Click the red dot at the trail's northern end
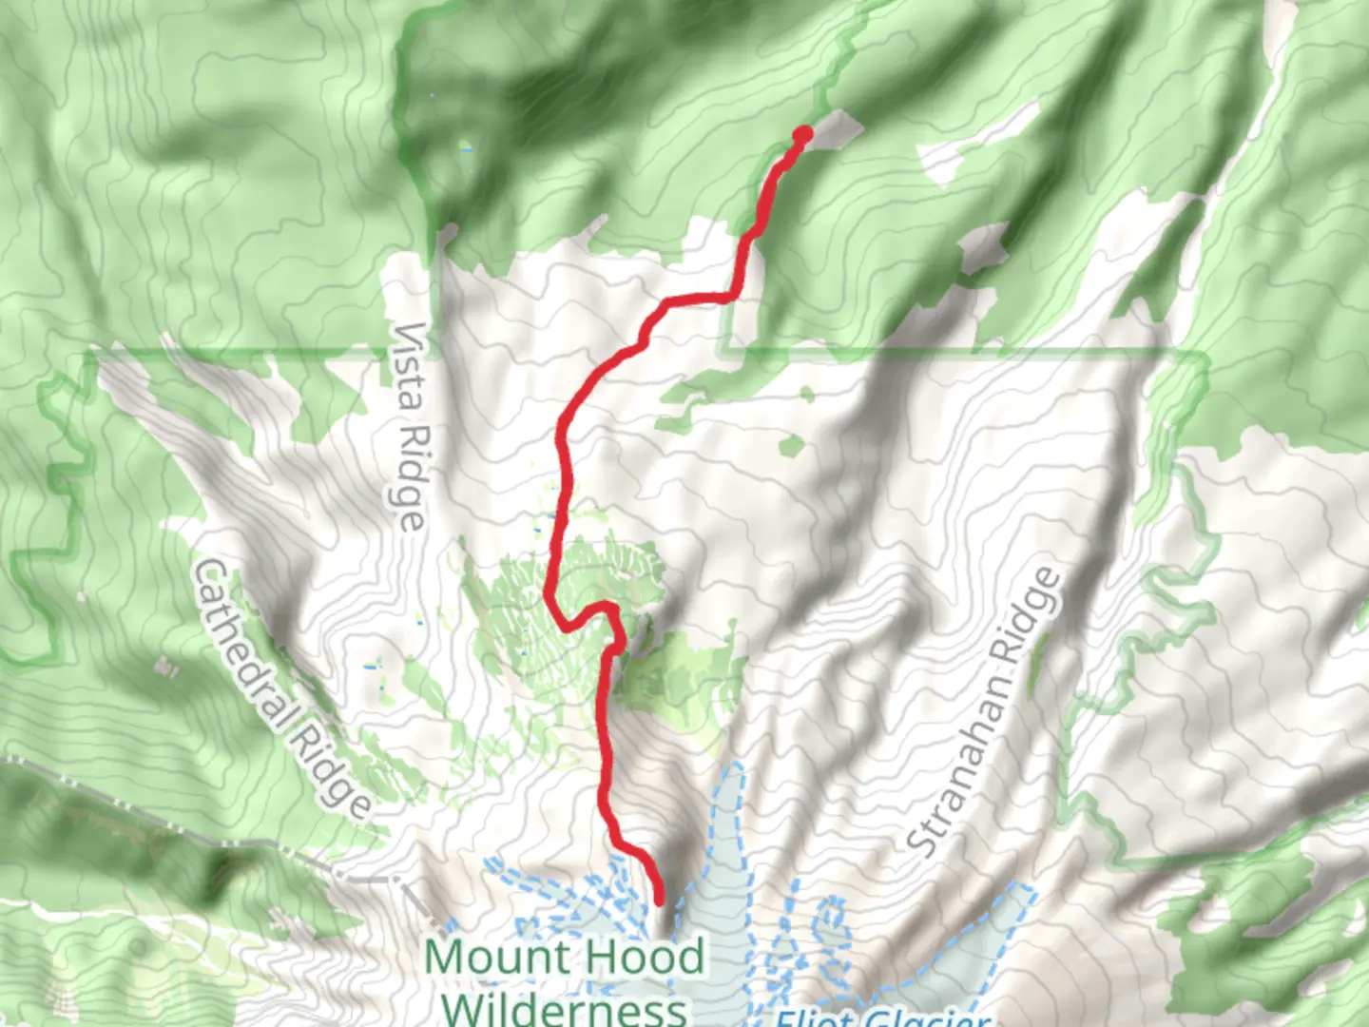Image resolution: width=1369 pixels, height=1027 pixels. pos(803,135)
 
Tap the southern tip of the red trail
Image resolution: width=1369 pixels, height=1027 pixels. pos(659,901)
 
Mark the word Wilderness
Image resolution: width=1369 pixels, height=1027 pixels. pos(565,1009)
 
